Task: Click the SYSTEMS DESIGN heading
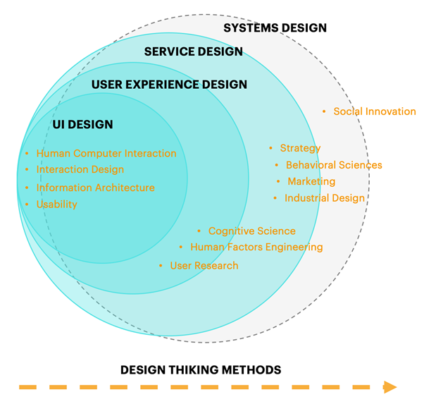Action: pos(275,28)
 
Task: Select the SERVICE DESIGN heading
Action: pos(193,51)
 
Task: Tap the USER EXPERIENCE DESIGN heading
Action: pos(169,85)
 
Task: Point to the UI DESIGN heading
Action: pos(82,125)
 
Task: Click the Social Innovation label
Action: pos(374,111)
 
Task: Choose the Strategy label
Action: pos(300,148)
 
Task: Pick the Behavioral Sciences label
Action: pos(334,165)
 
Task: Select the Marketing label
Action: pos(311,182)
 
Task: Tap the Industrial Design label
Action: pos(324,198)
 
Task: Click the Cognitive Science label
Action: pos(251,231)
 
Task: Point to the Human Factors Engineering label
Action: pos(256,247)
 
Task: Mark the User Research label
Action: pos(204,266)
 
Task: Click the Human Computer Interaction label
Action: pos(106,153)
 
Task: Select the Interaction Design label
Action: pos(80,170)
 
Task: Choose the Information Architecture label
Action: pos(95,188)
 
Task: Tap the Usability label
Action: pos(57,204)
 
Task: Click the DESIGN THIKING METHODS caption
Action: pos(201,369)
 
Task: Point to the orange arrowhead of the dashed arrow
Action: pos(389,386)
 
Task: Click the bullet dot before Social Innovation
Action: pos(324,111)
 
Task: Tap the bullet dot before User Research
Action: pos(161,266)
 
